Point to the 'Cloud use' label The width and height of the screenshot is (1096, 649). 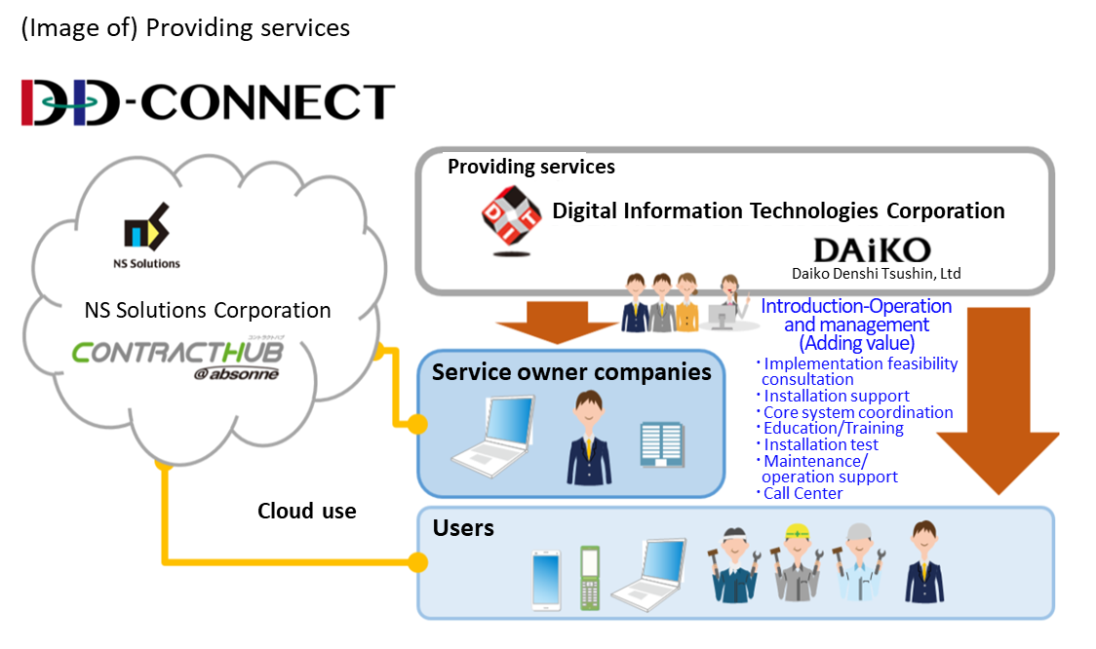306,511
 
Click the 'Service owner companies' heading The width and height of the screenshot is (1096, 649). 571,372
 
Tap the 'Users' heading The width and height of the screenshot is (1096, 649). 463,528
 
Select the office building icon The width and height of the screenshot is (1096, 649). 662,443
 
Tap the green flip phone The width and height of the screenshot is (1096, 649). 589,577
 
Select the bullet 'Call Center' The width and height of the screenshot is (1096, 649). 802,493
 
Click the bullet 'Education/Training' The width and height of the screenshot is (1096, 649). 833,428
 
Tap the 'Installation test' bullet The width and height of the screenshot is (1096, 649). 824,444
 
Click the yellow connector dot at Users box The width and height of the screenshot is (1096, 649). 418,562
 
